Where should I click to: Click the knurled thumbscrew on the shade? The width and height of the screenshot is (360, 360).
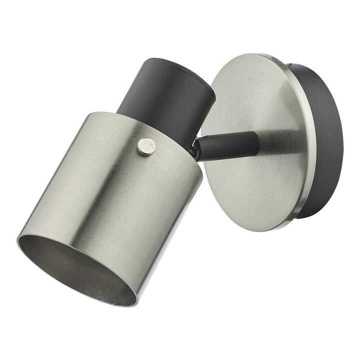147,146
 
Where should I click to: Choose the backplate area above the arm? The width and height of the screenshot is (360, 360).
250,95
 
